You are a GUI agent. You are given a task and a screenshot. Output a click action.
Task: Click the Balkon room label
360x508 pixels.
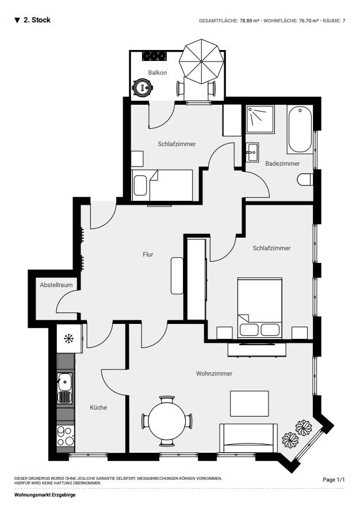[158, 72]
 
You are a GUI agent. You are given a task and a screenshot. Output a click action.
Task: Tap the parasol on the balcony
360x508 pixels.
[201, 62]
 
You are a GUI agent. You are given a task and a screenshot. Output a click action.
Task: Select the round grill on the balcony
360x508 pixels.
[143, 87]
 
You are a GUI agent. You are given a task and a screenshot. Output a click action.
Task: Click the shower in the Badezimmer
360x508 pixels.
[260, 119]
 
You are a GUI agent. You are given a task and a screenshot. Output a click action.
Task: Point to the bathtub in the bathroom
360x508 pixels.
[300, 129]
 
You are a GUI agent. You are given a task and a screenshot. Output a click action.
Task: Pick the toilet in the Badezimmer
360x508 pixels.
[305, 179]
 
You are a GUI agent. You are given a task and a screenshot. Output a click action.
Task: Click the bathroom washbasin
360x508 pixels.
[252, 152]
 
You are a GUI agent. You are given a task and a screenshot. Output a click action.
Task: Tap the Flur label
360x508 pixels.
[148, 255]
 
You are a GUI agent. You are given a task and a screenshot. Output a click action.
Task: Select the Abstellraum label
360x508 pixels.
[56, 285]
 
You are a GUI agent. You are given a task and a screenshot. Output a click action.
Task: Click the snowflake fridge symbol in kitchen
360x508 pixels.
[69, 339]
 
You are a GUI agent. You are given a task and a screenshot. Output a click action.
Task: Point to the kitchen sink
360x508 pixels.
[65, 388]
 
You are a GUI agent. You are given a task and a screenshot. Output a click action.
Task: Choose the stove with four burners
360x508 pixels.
[65, 437]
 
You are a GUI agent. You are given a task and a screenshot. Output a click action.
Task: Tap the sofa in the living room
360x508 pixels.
[248, 438]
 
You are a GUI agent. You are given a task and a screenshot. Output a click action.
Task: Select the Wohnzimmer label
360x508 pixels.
[214, 373]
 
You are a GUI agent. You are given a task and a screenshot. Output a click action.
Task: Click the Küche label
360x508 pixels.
[98, 407]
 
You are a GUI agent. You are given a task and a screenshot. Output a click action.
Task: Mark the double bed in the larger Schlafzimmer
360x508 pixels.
[259, 308]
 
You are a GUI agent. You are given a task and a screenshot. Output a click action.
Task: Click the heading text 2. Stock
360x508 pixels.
[37, 20]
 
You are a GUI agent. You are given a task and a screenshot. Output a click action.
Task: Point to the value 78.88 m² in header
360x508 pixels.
[249, 21]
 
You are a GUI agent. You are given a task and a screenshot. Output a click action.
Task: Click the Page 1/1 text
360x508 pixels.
[334, 479]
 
